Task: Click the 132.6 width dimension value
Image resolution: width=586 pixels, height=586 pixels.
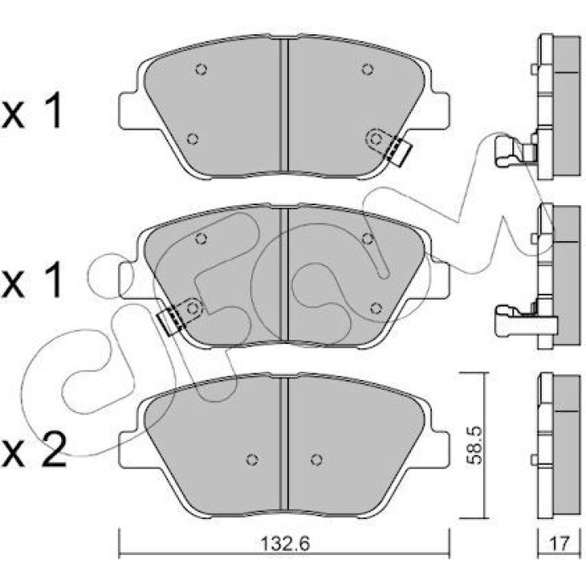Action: pos(285,544)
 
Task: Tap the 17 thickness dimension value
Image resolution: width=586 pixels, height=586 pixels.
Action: pos(559,543)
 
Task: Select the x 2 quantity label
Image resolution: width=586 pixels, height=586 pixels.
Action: pos(33,450)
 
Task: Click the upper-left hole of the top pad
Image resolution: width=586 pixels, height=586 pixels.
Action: pos(202,69)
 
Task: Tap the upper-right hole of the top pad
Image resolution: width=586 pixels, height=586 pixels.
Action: pos(368,69)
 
